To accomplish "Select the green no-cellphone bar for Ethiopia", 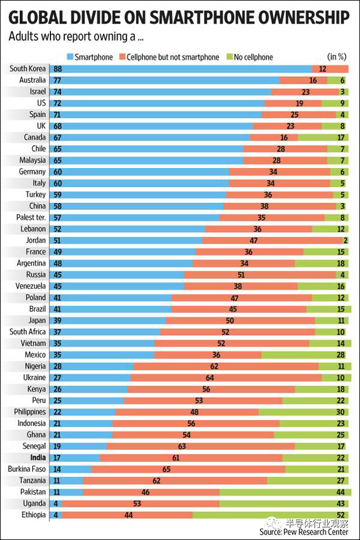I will (270, 515).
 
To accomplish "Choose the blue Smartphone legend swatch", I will (70, 57).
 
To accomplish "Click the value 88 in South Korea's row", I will (58, 68).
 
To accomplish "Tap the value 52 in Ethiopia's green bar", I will (340, 515).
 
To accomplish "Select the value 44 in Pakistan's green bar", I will (340, 492).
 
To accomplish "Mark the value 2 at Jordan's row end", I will (346, 240).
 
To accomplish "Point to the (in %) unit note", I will (337, 57).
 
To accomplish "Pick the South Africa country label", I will (28, 332).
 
